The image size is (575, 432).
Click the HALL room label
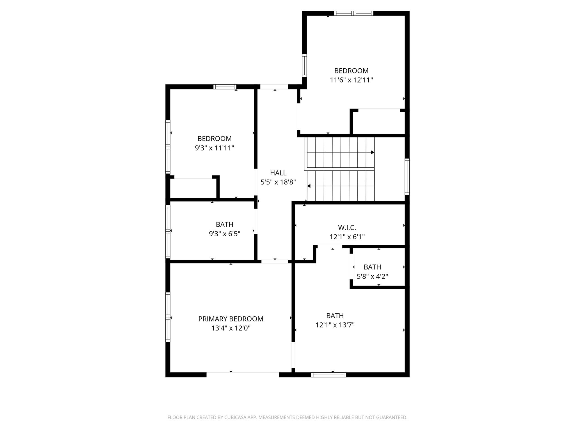(278, 173)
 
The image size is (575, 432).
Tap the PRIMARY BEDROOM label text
(231, 319)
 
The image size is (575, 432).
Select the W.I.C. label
(347, 228)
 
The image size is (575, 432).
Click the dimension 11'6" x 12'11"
(351, 80)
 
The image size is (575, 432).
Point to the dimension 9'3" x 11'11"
(215, 148)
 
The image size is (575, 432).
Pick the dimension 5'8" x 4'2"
(372, 276)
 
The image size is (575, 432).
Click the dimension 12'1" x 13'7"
(335, 325)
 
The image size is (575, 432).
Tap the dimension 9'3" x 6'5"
(224, 234)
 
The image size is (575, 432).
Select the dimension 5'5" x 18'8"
(278, 182)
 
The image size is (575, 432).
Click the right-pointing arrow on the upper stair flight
(373, 152)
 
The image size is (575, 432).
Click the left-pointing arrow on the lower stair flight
(309, 186)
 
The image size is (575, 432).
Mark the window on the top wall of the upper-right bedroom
(353, 13)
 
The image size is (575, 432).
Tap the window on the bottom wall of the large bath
(328, 375)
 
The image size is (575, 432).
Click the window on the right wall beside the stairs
(407, 176)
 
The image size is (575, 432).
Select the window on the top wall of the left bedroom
(225, 87)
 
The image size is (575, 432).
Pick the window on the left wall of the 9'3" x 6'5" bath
(168, 231)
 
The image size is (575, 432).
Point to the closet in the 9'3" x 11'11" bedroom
(193, 189)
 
